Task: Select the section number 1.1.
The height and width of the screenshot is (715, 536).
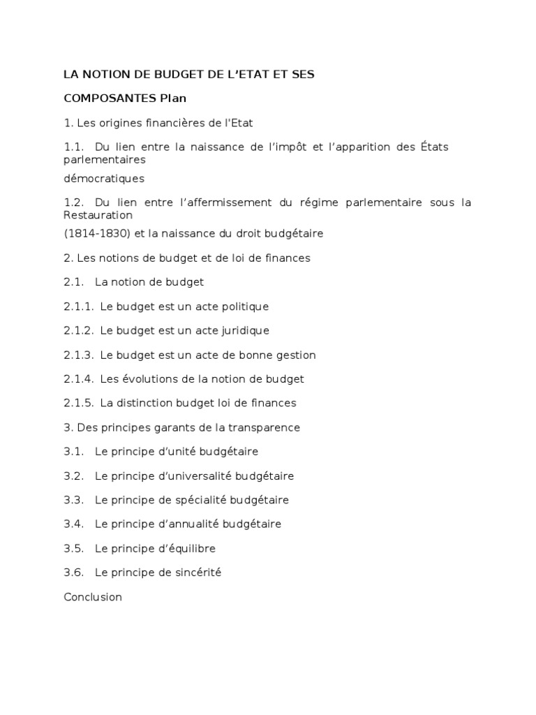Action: [73, 147]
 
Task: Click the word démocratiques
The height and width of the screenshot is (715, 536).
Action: [104, 178]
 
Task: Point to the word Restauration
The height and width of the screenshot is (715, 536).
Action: [98, 215]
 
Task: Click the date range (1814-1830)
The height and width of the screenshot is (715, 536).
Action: [91, 233]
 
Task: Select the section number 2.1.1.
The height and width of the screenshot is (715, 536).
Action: [78, 307]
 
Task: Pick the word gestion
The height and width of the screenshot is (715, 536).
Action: [295, 355]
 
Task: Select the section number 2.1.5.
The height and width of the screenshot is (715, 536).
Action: [78, 403]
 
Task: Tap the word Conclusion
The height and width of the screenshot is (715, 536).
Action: [93, 597]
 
